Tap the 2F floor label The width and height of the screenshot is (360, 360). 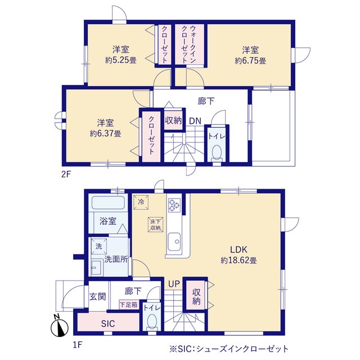[x=66, y=174]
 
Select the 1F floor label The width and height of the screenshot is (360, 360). [x=78, y=345]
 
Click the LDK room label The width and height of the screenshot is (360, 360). [x=238, y=249]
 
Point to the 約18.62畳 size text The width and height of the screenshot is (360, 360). [x=238, y=260]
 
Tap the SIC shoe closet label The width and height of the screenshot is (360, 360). [x=108, y=324]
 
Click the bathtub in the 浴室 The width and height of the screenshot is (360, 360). [x=108, y=202]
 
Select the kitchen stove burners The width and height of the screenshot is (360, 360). [x=174, y=205]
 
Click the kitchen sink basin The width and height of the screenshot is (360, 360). [x=174, y=242]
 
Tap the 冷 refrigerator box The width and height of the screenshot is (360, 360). [x=141, y=202]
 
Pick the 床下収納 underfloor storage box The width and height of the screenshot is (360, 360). [x=155, y=224]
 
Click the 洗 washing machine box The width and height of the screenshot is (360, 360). [x=99, y=246]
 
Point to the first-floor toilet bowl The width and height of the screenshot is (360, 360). [x=152, y=321]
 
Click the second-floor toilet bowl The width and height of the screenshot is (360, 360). [x=217, y=152]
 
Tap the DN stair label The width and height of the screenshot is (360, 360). [x=195, y=121]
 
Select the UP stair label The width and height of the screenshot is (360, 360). [x=174, y=284]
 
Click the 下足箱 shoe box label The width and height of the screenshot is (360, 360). [x=129, y=305]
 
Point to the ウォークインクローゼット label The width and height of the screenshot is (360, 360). [x=189, y=44]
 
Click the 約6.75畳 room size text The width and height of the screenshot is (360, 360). [x=250, y=61]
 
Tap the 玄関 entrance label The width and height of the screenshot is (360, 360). [x=97, y=296]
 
